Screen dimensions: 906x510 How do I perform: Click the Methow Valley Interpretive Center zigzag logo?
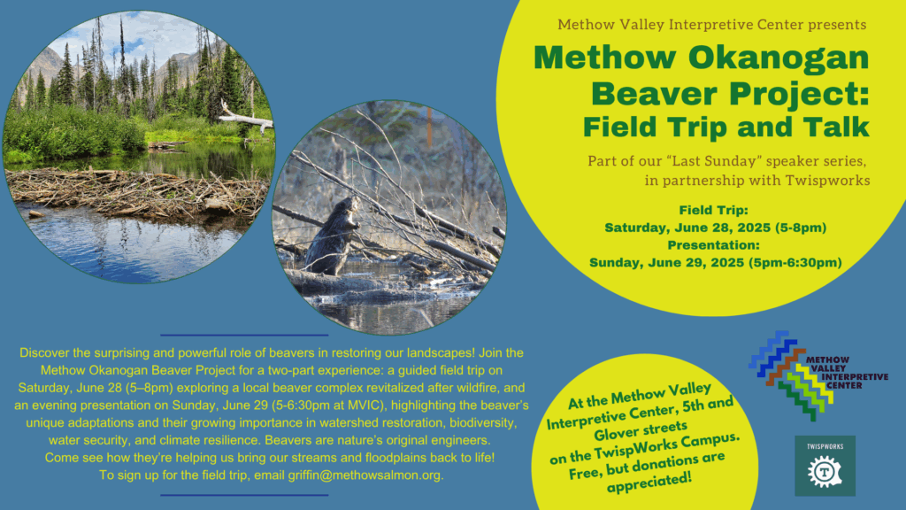click(817, 375)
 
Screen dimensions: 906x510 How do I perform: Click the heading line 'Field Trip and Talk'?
click(726, 127)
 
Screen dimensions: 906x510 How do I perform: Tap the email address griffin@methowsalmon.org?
click(365, 475)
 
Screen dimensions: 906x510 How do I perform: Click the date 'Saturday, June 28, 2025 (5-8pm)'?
click(715, 228)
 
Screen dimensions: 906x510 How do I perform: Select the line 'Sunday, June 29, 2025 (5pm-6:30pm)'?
click(715, 262)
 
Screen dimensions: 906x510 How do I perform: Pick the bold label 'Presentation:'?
click(714, 245)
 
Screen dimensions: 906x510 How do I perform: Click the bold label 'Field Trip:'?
click(714, 210)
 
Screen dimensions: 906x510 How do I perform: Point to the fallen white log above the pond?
click(246, 120)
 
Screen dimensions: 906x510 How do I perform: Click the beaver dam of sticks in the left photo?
click(135, 191)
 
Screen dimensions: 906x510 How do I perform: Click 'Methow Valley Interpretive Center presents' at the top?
click(712, 25)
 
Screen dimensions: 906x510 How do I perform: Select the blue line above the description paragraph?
click(244, 335)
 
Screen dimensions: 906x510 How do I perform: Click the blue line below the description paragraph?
click(244, 495)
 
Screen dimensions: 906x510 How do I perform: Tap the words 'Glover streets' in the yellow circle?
click(641, 430)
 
